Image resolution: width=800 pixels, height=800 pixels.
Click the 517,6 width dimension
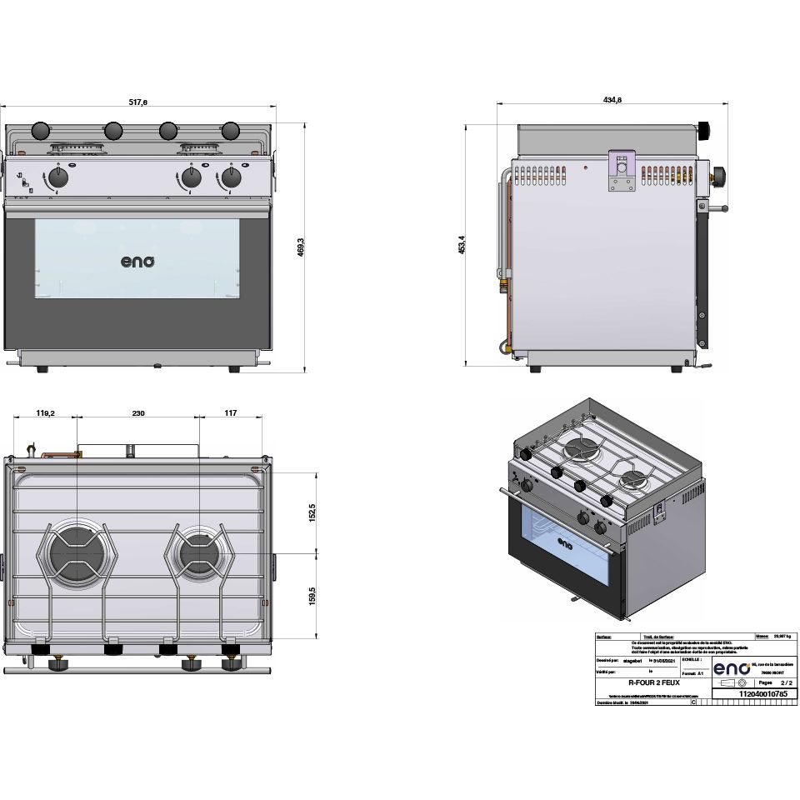138,102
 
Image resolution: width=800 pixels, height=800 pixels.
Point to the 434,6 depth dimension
612,100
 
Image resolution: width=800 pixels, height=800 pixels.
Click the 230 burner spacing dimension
138,412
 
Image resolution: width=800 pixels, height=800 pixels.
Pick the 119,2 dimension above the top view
46,412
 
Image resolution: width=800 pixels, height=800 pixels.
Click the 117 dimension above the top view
231,412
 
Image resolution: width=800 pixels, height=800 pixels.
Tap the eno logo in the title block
731,668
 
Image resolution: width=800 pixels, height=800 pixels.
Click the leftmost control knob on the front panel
57,177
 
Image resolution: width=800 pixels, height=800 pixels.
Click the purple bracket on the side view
621,171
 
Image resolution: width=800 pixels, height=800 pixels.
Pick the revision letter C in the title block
693,703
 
